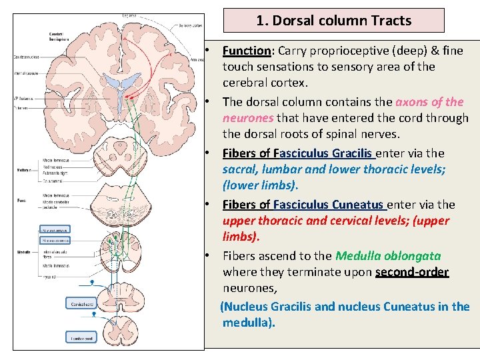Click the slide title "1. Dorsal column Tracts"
pos(333,21)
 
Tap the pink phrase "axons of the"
pos(429,102)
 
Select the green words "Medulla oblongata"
pos(388,256)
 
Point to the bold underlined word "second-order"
pos(412,272)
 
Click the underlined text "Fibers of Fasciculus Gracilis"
pos(298,153)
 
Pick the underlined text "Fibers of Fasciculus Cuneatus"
pos(303,205)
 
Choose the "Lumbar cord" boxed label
pos(81,339)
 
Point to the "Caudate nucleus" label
pos(27,57)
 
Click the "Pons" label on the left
pos(21,200)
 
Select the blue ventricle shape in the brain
pos(121,87)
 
